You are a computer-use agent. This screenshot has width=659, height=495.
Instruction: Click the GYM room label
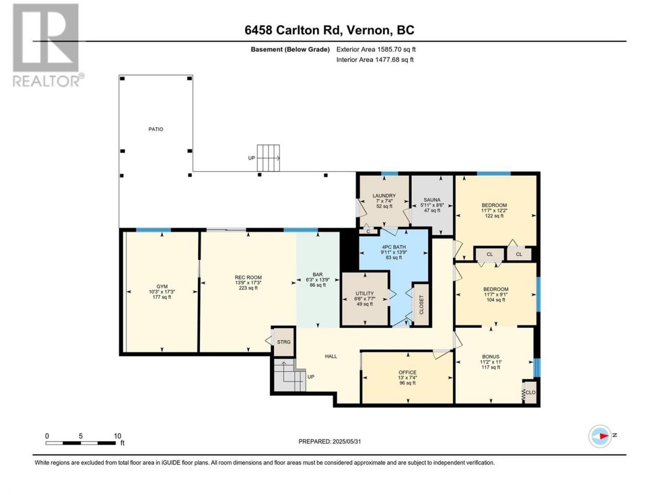tap(162, 286)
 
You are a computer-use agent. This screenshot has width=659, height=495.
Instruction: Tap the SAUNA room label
tap(432, 200)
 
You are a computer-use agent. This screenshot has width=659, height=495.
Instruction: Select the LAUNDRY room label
tap(384, 195)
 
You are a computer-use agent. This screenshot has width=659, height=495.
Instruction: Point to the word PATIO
tap(156, 129)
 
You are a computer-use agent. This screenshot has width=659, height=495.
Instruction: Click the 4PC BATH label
tap(394, 247)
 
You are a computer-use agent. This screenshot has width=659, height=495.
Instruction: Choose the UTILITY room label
tap(365, 293)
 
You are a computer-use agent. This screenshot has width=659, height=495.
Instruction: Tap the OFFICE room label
tap(407, 372)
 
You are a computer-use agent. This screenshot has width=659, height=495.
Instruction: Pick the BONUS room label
tap(491, 357)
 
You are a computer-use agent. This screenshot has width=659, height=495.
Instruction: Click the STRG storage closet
tap(284, 342)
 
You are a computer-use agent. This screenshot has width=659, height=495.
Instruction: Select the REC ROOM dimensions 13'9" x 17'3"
tap(248, 283)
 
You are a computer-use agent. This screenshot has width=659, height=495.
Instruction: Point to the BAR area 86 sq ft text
tap(318, 285)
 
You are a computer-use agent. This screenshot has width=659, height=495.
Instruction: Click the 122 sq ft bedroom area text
tap(494, 216)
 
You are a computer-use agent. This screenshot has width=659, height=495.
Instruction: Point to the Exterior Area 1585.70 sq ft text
tap(376, 49)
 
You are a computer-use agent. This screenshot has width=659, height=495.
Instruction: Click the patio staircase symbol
tap(268, 158)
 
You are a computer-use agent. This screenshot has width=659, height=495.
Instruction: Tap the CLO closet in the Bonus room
tap(530, 392)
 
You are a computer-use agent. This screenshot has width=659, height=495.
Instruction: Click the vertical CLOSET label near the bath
tap(421, 305)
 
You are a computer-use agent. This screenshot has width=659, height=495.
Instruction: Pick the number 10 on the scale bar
tap(117, 436)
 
